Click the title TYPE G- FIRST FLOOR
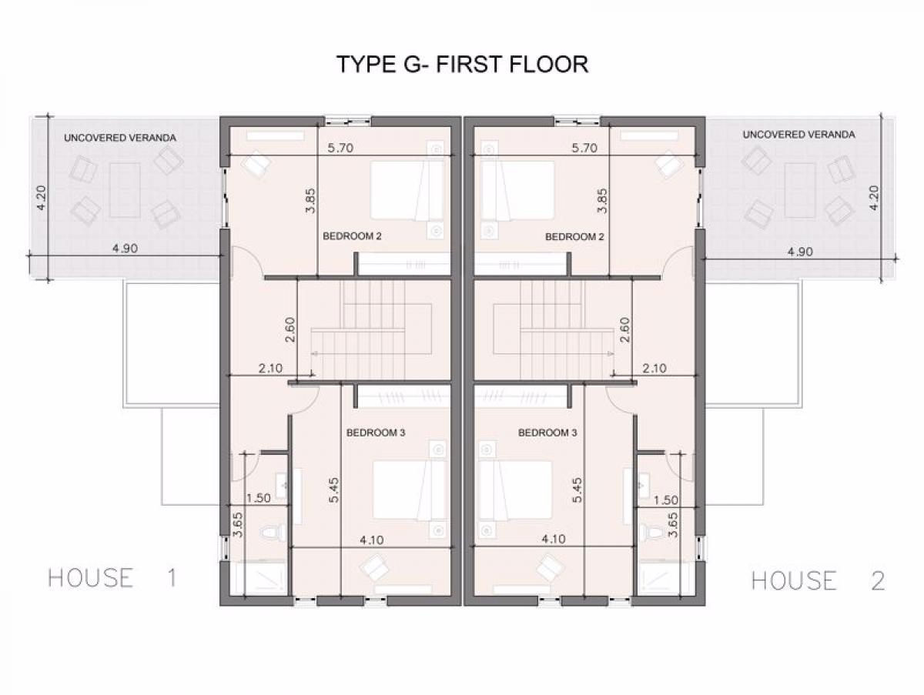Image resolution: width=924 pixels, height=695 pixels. [x=462, y=65]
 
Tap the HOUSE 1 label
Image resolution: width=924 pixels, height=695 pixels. [x=112, y=577]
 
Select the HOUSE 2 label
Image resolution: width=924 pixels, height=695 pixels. [x=818, y=580]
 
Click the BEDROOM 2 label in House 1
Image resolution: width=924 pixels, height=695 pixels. [x=352, y=236]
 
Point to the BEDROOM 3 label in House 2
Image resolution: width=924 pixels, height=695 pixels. [x=547, y=433]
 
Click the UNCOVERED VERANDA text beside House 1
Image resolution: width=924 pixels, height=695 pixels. [x=120, y=138]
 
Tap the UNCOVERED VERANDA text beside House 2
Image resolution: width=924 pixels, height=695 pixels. [x=799, y=135]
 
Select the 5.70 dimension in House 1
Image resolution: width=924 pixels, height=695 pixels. [x=340, y=148]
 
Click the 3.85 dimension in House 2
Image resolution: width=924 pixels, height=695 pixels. [x=602, y=201]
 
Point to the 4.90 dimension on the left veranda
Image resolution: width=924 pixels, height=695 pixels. [x=125, y=248]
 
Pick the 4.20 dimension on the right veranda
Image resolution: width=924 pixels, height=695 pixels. [x=874, y=198]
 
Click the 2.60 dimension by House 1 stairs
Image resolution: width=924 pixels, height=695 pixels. [x=290, y=330]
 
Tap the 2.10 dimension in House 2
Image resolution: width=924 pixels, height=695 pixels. [x=654, y=369]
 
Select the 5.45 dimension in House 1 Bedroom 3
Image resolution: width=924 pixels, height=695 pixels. [x=334, y=490]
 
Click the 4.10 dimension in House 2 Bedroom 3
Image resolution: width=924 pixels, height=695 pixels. [x=553, y=539]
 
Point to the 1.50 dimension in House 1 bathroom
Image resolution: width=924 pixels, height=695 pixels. [x=259, y=498]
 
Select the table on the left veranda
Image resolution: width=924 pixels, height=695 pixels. [x=125, y=190]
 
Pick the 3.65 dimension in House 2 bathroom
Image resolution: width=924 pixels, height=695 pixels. [x=673, y=525]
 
